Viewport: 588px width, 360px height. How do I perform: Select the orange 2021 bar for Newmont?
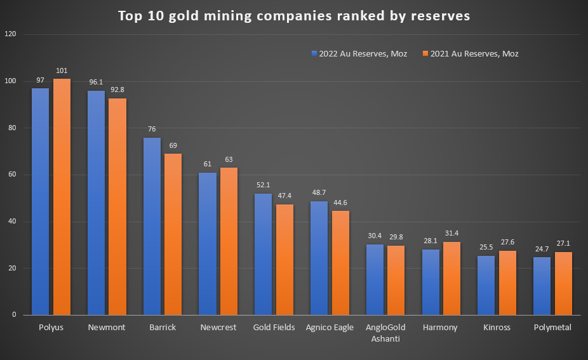pos(117,206)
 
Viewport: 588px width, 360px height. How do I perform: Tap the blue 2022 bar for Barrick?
pos(152,226)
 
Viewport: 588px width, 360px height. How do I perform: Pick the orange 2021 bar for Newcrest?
pos(229,241)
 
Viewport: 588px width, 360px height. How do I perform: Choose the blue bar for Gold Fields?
pos(263,254)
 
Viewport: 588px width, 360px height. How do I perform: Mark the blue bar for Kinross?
pos(486,285)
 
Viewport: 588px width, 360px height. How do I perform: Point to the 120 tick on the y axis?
pos(10,34)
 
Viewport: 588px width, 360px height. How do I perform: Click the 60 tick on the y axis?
pos(12,175)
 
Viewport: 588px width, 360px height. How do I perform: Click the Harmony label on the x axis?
pos(440,328)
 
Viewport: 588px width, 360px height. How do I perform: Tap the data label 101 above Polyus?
pos(62,70)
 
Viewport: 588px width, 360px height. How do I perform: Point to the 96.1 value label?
pos(96,83)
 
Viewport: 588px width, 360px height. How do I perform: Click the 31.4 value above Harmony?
pos(452,234)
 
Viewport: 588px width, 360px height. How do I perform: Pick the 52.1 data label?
pos(263,185)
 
